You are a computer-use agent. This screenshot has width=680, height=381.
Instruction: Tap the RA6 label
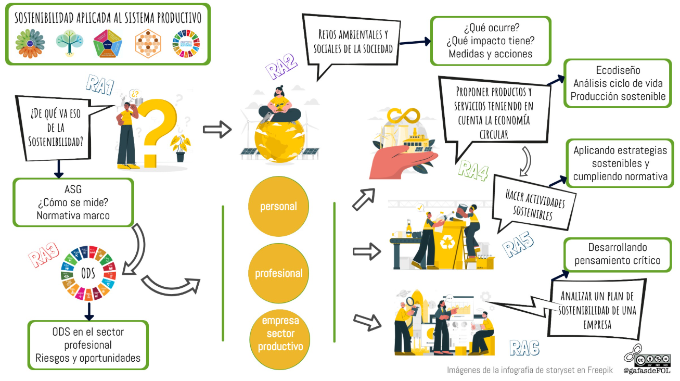(x=524, y=347)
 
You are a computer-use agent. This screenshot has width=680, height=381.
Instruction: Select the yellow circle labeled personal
(x=279, y=207)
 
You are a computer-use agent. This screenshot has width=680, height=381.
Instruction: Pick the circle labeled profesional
(x=279, y=273)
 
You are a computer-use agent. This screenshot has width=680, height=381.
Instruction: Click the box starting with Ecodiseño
(x=618, y=83)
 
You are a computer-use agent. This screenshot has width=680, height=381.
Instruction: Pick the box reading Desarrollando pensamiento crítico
(x=618, y=254)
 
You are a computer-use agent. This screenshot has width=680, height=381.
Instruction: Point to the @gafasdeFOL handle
(x=647, y=371)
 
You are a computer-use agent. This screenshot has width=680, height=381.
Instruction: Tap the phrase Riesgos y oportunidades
(x=88, y=358)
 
